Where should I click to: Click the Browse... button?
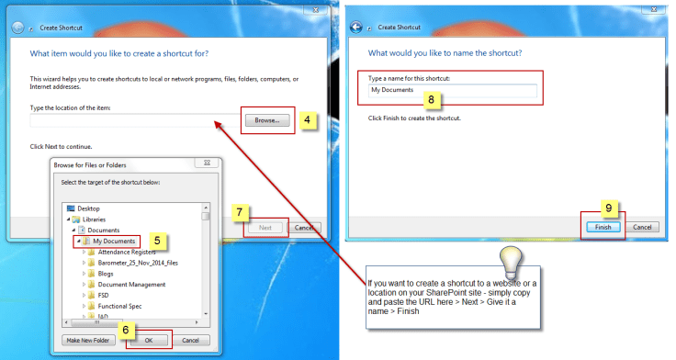click(267, 120)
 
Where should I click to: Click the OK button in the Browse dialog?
click(149, 340)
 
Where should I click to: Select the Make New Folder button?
click(88, 340)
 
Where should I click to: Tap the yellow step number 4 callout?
click(307, 119)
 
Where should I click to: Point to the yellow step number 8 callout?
click(431, 99)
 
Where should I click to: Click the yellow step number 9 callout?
click(609, 208)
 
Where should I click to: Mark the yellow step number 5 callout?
click(157, 241)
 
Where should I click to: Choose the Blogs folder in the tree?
click(101, 274)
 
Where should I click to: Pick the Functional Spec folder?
click(115, 306)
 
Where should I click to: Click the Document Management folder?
click(127, 285)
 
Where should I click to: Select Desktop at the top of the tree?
click(84, 208)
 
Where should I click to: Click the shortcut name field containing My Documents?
click(452, 90)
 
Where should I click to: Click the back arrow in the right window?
click(355, 28)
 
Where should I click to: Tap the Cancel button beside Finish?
click(642, 227)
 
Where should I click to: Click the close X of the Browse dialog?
click(207, 163)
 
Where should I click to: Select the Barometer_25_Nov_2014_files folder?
click(133, 263)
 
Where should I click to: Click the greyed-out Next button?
click(265, 227)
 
